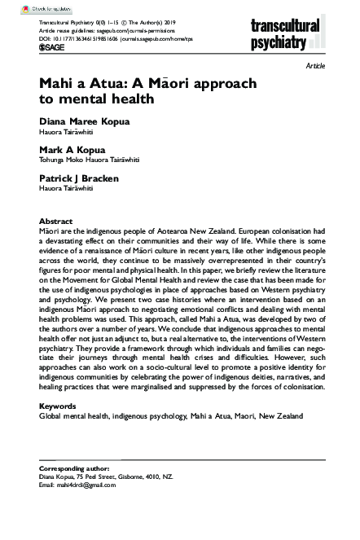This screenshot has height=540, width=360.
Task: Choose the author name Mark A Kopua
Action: (69, 149)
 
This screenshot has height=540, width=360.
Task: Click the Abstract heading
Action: (56, 222)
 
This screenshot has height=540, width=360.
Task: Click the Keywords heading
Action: (58, 404)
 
